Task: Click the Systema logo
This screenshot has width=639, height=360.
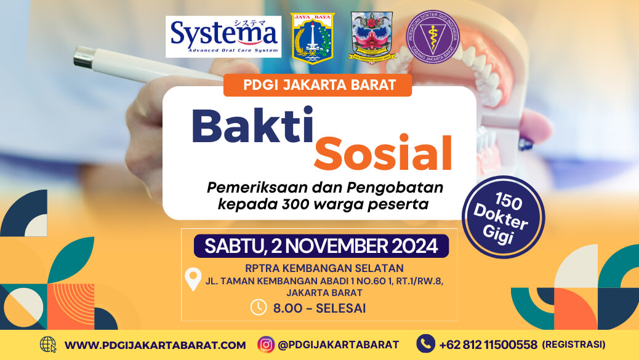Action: (223, 36)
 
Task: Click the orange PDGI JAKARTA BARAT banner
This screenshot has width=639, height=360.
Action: (318, 85)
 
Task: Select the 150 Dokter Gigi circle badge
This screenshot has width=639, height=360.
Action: (503, 216)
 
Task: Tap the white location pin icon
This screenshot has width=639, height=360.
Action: (193, 280)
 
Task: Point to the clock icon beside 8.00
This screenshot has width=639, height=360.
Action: (258, 307)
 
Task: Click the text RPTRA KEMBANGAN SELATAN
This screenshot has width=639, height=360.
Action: (324, 268)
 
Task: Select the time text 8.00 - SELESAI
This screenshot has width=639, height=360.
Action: (319, 308)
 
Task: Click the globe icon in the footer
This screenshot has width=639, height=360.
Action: (47, 345)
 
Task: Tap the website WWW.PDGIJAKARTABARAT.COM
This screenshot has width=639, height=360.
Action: (155, 345)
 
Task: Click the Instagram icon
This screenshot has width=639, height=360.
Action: (266, 345)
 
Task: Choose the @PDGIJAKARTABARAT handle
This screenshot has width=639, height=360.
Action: (339, 345)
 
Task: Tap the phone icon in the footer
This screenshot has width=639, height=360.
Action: (425, 344)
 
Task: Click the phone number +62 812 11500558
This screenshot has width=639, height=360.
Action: (488, 345)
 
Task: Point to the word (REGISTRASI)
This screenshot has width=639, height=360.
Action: (574, 345)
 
